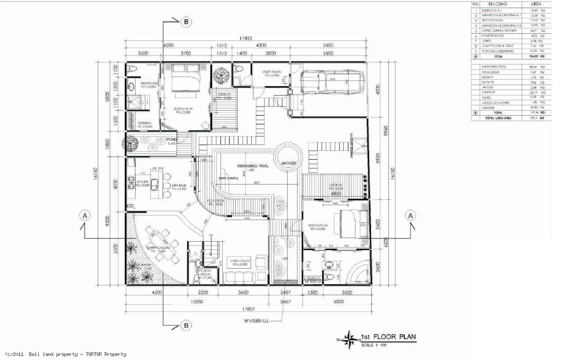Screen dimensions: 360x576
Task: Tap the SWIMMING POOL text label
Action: pyautogui.click(x=252, y=166)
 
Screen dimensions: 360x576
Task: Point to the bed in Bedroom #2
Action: pyautogui.click(x=353, y=224)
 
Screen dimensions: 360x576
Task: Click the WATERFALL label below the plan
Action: pyautogui.click(x=256, y=321)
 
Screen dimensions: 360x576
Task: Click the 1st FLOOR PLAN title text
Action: pyautogui.click(x=388, y=337)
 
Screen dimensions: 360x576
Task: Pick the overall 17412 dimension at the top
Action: pyautogui.click(x=245, y=39)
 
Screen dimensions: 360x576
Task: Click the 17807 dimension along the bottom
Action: pyautogui.click(x=246, y=309)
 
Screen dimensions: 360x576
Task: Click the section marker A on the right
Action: pyautogui.click(x=410, y=216)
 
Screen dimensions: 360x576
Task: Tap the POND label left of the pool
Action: pyautogui.click(x=171, y=140)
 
